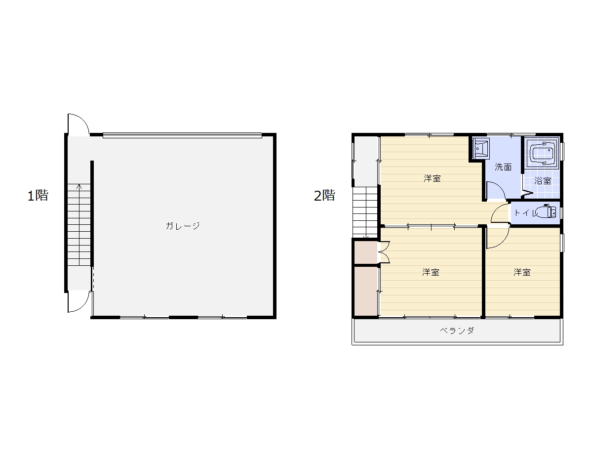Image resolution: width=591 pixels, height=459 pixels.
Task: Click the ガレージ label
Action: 182,226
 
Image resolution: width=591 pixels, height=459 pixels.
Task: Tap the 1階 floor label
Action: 38,195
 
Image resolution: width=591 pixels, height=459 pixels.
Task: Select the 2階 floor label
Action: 324,195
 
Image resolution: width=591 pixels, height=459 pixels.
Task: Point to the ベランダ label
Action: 457,331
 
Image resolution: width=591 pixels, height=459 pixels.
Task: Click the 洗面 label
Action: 503,167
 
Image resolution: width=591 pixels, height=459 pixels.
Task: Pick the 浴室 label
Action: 543,181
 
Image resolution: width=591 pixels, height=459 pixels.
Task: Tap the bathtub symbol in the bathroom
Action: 543,153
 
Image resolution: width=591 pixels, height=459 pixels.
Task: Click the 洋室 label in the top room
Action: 432,178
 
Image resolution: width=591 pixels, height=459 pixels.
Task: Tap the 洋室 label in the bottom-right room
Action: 522,272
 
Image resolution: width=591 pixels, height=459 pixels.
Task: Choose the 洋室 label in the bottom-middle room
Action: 431,272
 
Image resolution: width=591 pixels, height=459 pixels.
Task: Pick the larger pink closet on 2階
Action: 366,291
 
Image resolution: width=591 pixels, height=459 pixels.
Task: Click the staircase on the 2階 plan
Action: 365,212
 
